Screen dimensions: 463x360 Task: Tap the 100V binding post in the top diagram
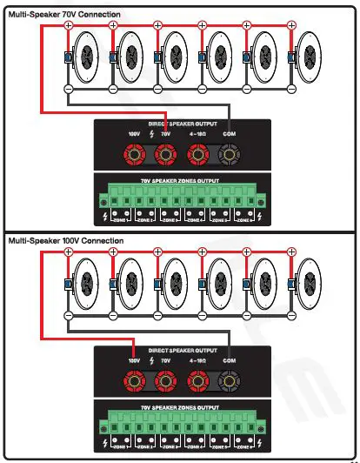click(134, 157)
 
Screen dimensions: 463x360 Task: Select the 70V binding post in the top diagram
click(163, 157)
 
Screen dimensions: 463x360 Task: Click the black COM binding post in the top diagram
click(230, 157)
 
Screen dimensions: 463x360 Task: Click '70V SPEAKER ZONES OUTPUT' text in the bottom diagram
click(181, 406)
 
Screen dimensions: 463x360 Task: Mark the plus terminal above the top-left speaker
click(69, 25)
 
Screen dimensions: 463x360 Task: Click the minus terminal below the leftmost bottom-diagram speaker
click(69, 313)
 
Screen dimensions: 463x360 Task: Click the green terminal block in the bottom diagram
click(181, 426)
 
